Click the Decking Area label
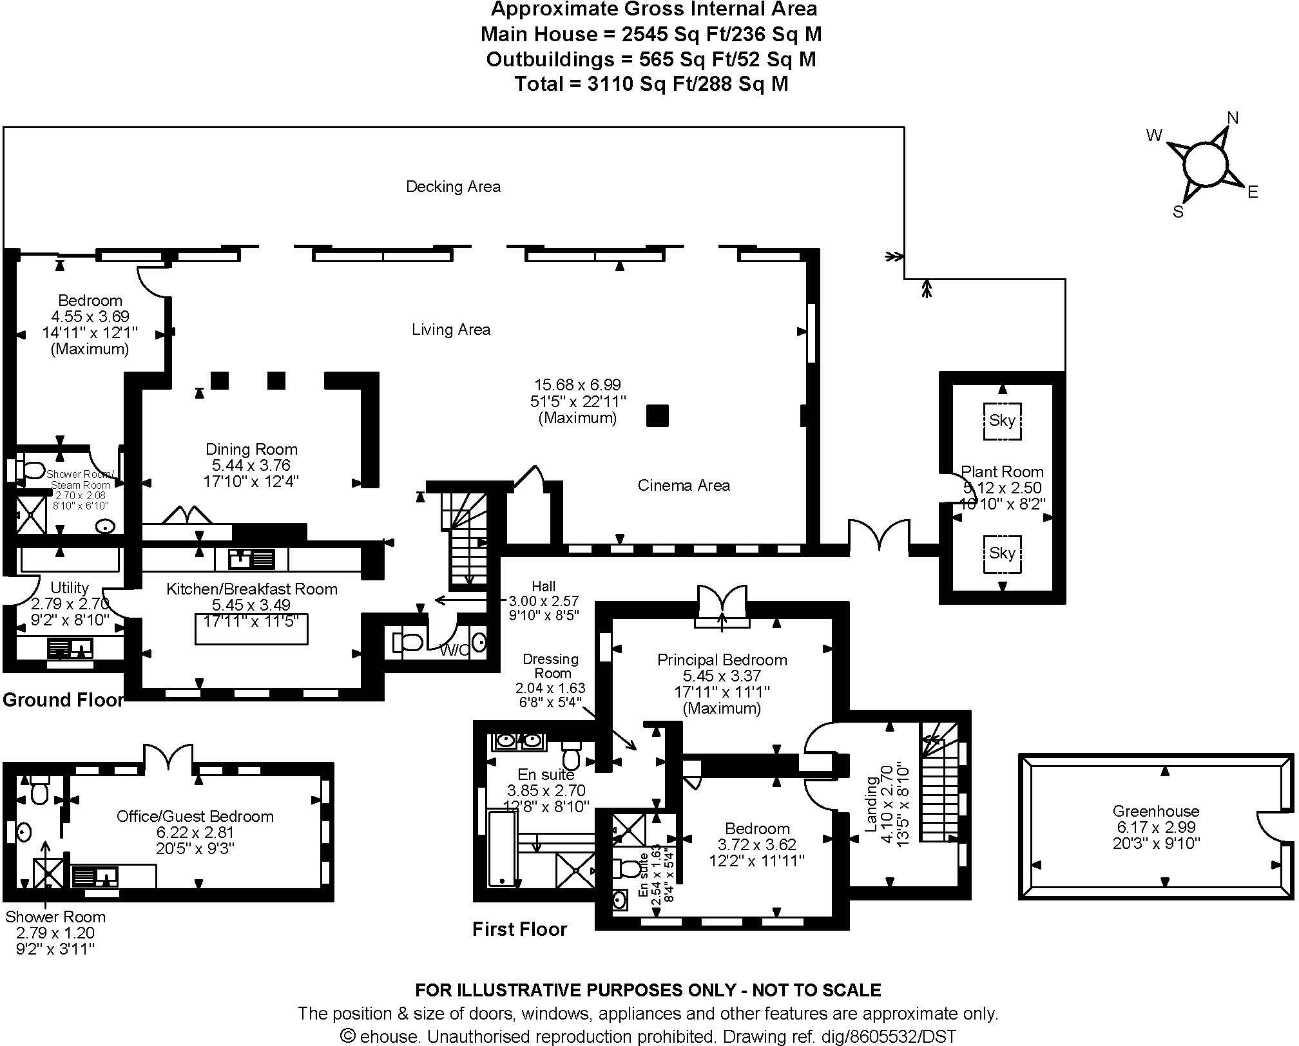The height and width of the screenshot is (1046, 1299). pos(453,187)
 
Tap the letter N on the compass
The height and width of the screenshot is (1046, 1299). pos(1232,118)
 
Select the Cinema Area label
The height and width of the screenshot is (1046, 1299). pos(684,486)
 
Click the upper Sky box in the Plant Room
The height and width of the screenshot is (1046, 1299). pos(1002,421)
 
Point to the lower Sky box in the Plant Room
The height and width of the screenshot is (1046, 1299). pos(1002,553)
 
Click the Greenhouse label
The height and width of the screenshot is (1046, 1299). pos(1155,812)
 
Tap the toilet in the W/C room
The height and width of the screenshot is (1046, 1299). pos(407,642)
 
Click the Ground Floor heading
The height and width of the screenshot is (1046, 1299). pos(63,700)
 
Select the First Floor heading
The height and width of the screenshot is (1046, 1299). pos(519,929)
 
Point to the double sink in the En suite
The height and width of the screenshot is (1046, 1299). pos(519,741)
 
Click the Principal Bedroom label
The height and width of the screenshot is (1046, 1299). pos(722,660)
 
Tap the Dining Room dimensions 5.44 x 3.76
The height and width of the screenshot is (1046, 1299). pos(251,466)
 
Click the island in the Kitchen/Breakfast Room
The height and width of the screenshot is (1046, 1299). pos(251,629)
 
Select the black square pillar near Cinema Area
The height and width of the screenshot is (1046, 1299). pos(657,416)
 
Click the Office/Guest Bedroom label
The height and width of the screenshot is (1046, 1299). pos(195,817)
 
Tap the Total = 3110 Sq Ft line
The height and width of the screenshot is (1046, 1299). pos(651,84)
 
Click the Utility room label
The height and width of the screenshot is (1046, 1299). pos(70,587)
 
